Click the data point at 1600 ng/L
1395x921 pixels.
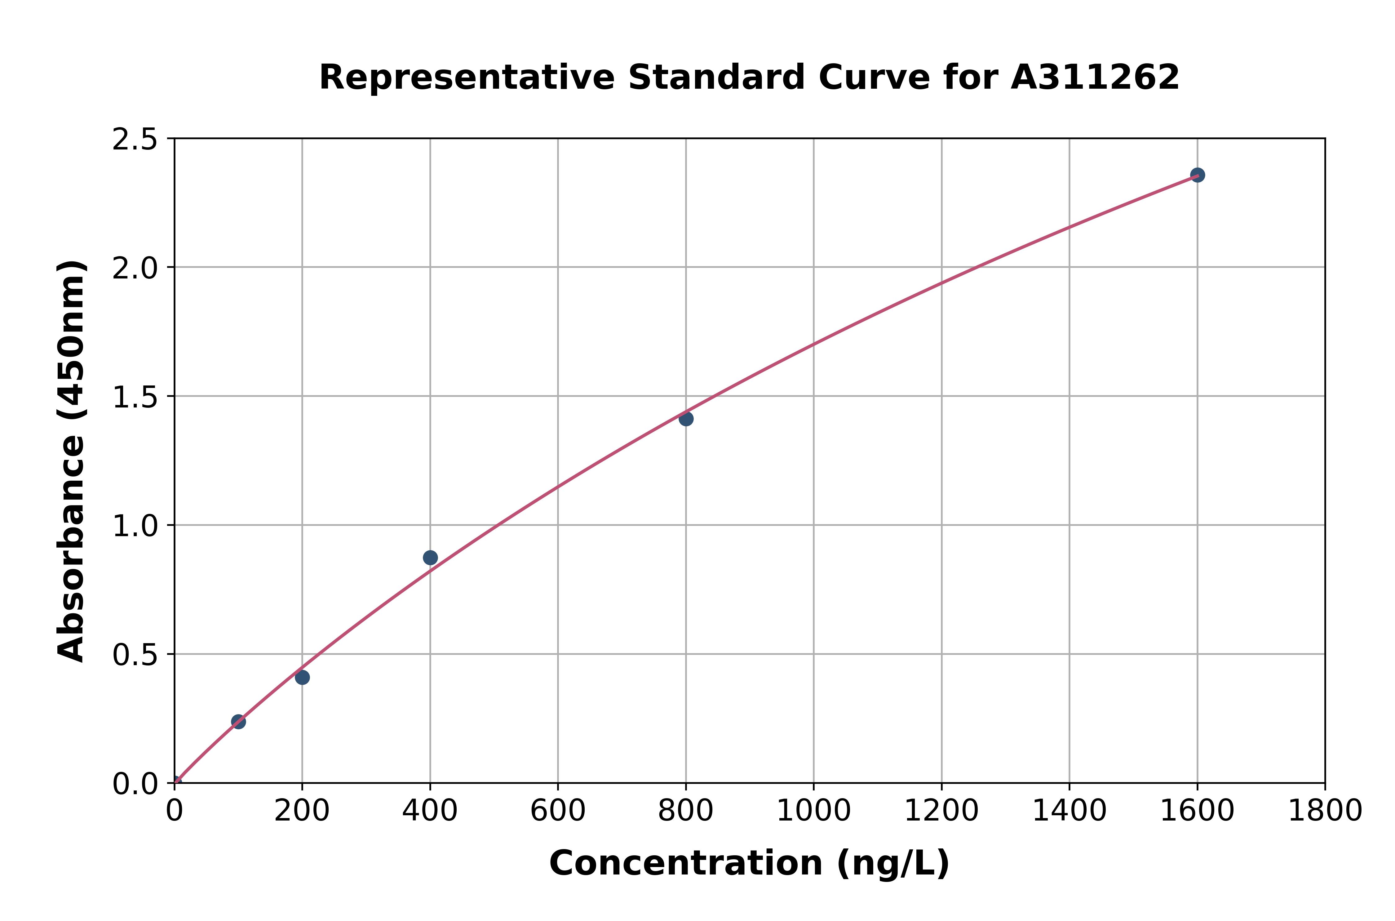[x=1197, y=175]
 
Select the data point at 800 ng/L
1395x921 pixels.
[x=686, y=419]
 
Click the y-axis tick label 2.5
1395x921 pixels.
[x=135, y=140]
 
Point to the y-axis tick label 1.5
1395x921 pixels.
[x=135, y=397]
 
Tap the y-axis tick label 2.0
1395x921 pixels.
[x=135, y=269]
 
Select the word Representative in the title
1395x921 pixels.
[x=467, y=78]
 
